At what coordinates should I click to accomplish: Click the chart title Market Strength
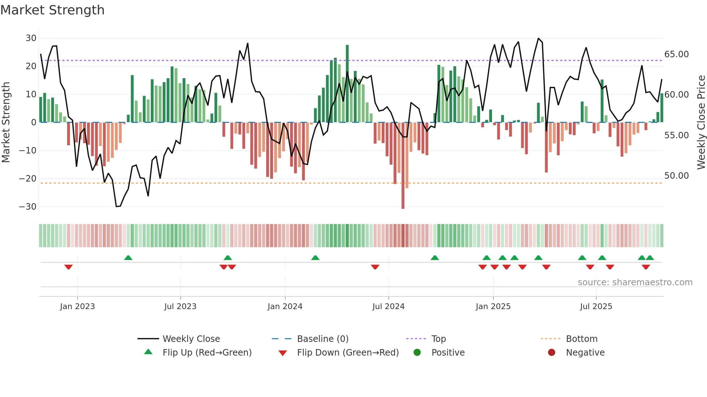pos(52,10)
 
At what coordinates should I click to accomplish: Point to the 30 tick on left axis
pos(31,38)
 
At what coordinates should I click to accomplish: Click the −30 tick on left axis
pos(28,207)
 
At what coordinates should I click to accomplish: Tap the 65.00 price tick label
pos(676,54)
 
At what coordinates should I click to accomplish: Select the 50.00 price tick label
pos(676,176)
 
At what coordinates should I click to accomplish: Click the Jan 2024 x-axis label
pos(285,307)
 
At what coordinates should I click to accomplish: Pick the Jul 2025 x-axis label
pos(596,307)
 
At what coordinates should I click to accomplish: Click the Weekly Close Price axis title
pos(701,122)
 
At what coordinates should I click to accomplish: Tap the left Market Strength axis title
pos(6,122)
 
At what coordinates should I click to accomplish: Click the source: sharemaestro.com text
pos(635,282)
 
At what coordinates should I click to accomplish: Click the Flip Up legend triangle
pos(148,352)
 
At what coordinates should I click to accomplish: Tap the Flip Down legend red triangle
pos(283,353)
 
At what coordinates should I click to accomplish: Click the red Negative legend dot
pos(552,352)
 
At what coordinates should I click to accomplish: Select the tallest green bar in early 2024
pos(347,83)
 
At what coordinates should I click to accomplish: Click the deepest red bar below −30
pos(403,166)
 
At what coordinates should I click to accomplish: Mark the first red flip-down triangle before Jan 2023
pos(69,267)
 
